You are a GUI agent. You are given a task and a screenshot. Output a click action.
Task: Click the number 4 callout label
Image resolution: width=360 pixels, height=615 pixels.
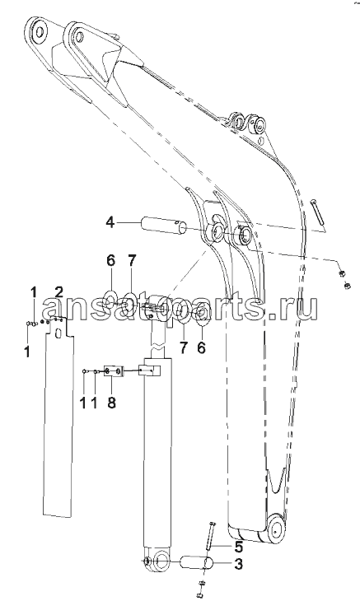(x=110, y=223)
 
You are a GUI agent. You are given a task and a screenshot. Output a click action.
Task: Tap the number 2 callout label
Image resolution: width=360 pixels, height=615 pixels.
(x=58, y=291)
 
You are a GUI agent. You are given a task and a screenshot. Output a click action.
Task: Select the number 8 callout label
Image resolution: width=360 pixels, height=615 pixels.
(x=112, y=403)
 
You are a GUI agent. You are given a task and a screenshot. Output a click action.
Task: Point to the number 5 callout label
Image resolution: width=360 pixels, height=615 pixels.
(x=239, y=546)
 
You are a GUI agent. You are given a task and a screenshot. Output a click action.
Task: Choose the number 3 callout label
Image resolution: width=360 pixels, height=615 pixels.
(x=238, y=564)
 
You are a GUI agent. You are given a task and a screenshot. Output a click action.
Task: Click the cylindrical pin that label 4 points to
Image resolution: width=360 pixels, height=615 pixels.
(x=161, y=225)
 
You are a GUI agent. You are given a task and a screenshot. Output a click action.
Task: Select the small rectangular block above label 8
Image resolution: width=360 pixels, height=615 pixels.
(x=114, y=371)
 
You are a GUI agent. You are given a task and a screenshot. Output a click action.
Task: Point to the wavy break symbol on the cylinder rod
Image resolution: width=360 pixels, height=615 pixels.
(x=159, y=347)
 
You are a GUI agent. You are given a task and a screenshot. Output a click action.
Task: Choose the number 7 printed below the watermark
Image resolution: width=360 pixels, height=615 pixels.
(x=184, y=348)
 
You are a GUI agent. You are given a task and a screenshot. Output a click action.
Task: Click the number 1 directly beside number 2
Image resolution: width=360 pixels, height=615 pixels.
(x=34, y=291)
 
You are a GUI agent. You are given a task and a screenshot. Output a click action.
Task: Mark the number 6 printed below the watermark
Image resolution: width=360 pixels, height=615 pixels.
(x=201, y=348)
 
